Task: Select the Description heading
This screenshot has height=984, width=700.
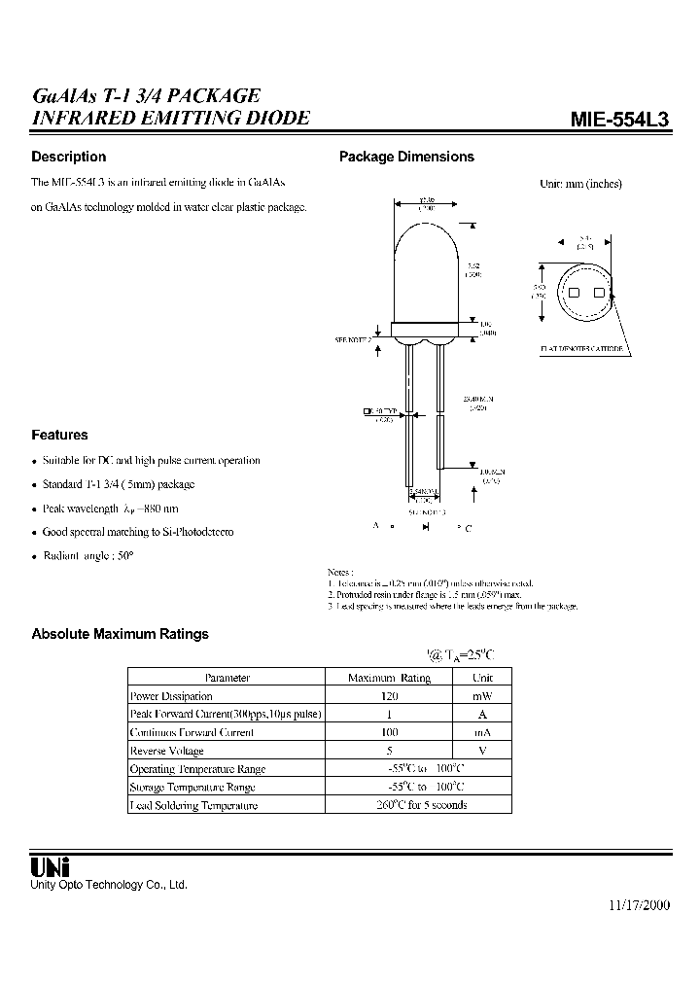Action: (68, 157)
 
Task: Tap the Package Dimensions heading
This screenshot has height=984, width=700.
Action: (405, 157)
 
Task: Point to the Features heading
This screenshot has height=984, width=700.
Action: (59, 436)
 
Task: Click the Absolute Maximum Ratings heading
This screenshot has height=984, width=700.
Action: (120, 634)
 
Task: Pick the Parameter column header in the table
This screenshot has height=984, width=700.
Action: (227, 678)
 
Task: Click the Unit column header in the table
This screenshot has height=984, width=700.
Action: (482, 678)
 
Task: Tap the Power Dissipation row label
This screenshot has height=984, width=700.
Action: (171, 696)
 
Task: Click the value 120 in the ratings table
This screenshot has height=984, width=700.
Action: (389, 696)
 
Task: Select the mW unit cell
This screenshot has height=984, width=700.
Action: (482, 696)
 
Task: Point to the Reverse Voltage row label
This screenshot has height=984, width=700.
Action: (167, 751)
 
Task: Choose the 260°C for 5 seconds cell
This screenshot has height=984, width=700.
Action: (421, 805)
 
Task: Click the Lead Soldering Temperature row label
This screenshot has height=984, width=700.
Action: (193, 805)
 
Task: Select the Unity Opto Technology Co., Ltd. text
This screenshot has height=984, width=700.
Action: (109, 885)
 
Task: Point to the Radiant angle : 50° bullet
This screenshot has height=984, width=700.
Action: (87, 555)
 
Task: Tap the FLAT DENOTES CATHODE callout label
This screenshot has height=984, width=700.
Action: (581, 347)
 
